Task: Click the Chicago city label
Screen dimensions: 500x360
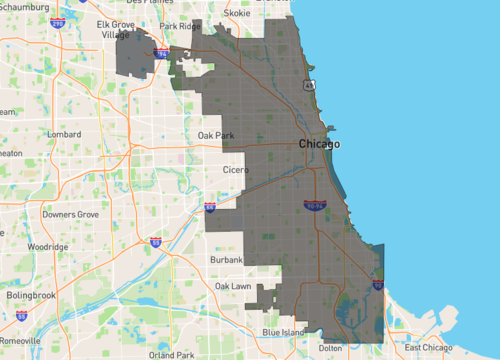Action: click(319, 144)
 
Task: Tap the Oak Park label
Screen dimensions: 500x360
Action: click(216, 134)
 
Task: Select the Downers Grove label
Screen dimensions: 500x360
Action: click(71, 214)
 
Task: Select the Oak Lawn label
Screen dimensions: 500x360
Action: click(233, 286)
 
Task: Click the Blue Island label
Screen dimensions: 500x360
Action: click(284, 331)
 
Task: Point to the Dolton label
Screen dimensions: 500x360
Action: click(329, 348)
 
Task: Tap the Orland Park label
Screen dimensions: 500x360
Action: click(170, 354)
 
